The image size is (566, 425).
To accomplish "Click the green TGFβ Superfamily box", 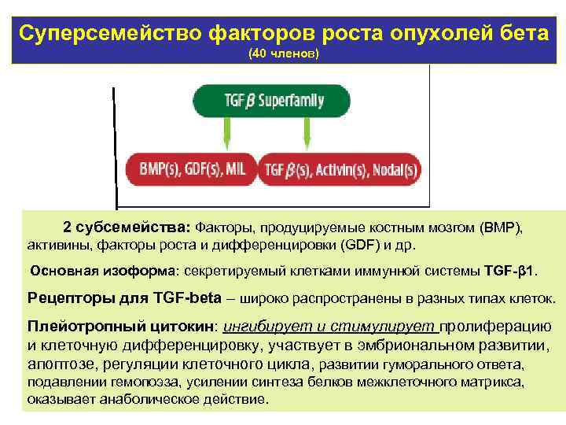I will pyautogui.click(x=270, y=101).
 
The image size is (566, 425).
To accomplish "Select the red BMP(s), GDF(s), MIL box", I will pyautogui.click(x=192, y=168).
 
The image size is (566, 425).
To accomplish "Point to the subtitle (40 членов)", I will pyautogui.click(x=283, y=54).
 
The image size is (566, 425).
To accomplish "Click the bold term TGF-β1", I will pyautogui.click(x=511, y=272).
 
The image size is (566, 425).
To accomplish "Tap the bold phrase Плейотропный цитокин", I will pyautogui.click(x=123, y=327).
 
